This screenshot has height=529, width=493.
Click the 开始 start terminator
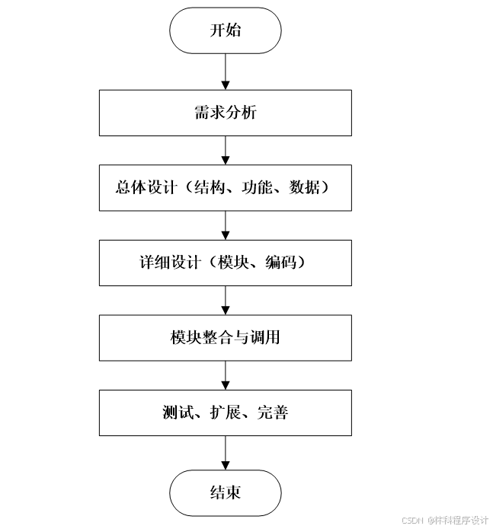[226, 30]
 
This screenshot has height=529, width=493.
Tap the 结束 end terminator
[226, 492]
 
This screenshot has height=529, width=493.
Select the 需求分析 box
[226, 113]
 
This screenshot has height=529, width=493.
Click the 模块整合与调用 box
[226, 337]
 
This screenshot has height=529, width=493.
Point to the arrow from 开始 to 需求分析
[226, 72]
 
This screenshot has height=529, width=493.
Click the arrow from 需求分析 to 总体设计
[226, 150]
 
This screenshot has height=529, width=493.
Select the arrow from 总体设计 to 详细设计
[226, 225]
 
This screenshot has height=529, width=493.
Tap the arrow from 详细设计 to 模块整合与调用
[226, 300]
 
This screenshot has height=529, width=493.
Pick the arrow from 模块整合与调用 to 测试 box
[226, 374]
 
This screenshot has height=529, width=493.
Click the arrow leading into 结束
[226, 453]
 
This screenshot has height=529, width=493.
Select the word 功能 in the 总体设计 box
[255, 188]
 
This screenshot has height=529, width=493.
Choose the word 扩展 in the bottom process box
[226, 413]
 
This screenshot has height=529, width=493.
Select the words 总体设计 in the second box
[141, 188]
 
